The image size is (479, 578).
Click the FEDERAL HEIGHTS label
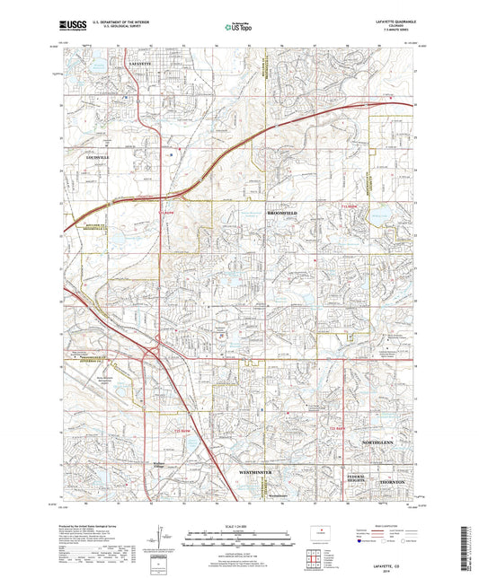coord(358,477)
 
